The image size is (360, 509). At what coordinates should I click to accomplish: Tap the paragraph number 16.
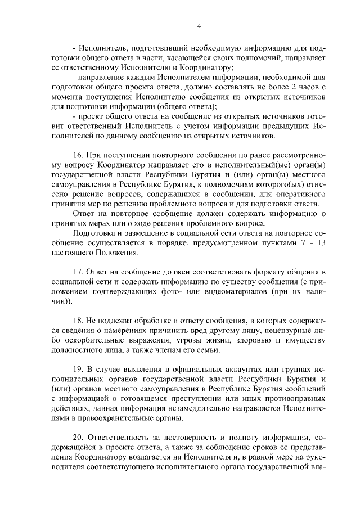click(x=78, y=154)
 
